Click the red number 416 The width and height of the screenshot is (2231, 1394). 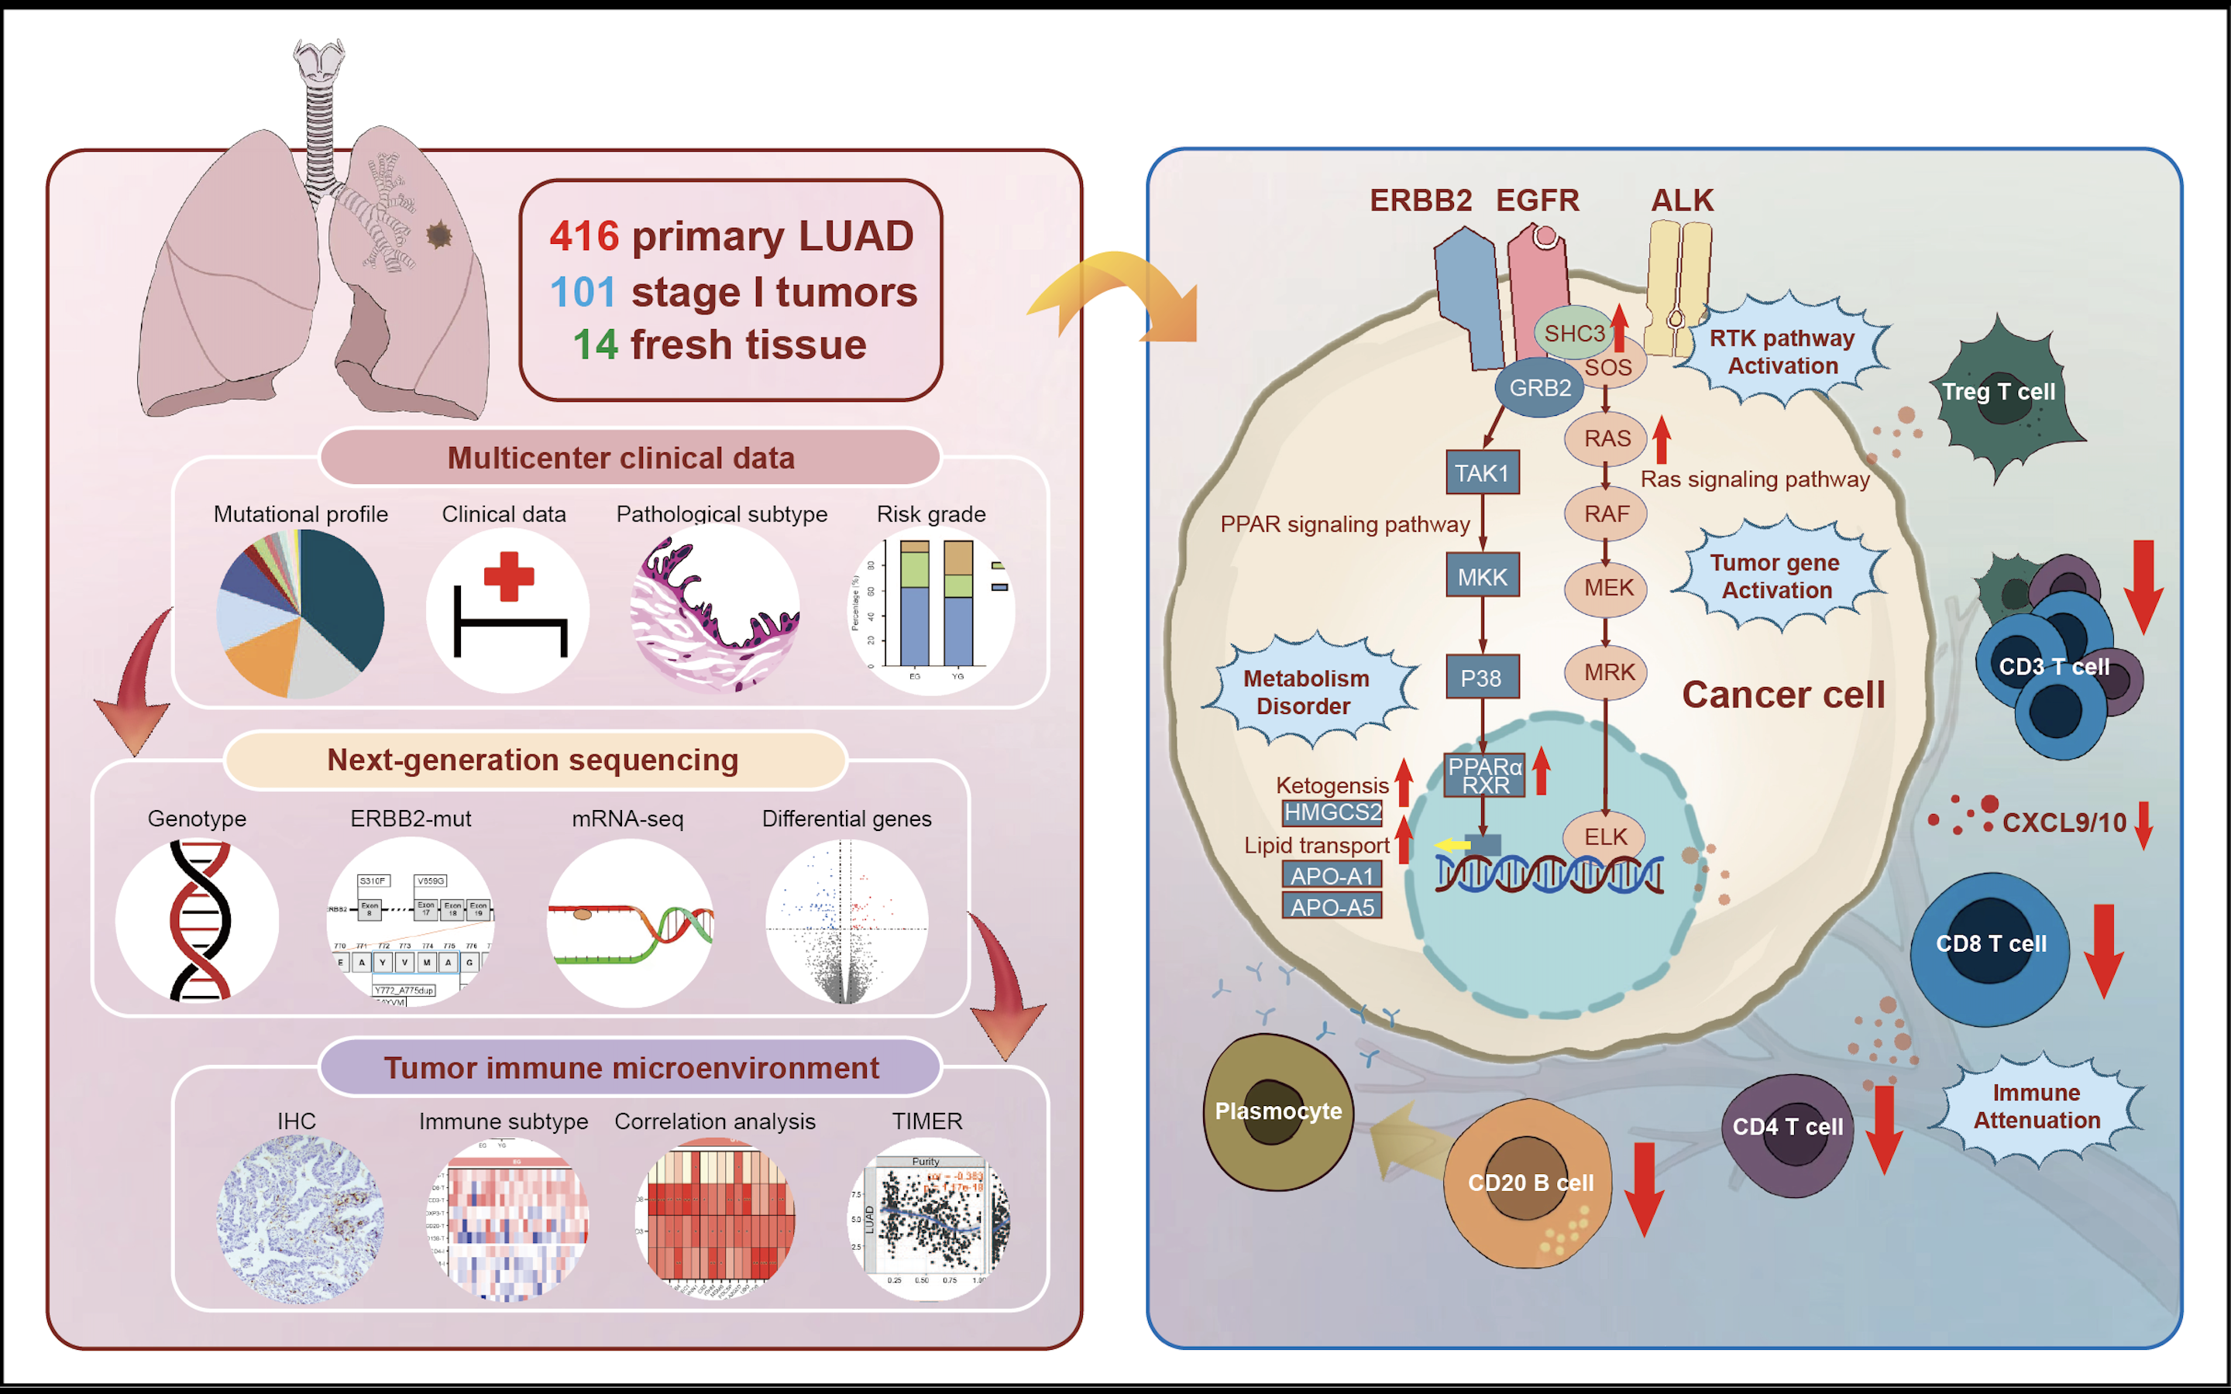(x=583, y=236)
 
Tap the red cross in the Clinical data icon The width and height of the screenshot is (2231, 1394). (x=508, y=576)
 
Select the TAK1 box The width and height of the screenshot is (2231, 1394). (x=1481, y=473)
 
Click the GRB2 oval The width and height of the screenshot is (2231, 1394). (x=1539, y=388)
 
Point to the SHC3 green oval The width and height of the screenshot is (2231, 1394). (x=1573, y=334)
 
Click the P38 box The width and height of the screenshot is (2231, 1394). (x=1481, y=678)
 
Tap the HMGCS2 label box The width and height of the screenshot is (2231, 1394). (x=1332, y=812)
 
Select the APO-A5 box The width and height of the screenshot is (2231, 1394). (x=1332, y=907)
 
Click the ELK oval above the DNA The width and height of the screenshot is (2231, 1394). (x=1605, y=836)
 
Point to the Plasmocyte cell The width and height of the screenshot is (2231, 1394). (x=1277, y=1111)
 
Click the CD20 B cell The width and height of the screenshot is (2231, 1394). (x=1528, y=1183)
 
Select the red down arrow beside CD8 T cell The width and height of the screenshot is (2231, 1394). (x=2103, y=949)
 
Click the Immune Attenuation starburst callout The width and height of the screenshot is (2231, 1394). (x=2037, y=1107)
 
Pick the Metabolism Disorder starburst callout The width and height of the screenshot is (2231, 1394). (x=1306, y=692)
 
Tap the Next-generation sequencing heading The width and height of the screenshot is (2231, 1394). (x=533, y=760)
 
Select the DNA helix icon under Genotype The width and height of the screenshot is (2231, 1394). (x=199, y=920)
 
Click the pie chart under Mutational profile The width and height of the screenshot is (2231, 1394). (x=301, y=613)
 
